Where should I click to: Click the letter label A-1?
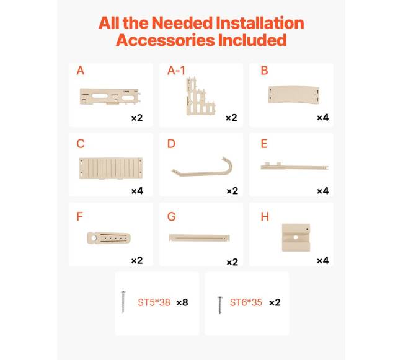point(176,71)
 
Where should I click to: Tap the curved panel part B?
point(294,95)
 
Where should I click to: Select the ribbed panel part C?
point(111,168)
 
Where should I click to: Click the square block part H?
point(296,237)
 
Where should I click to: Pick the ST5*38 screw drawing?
point(123,302)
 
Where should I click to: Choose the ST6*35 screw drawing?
point(220,305)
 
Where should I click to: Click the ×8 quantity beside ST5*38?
point(182,302)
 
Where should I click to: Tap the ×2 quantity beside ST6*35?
point(275,302)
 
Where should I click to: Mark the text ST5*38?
point(154,302)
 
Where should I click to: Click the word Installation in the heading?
point(260,23)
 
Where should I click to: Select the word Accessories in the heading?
point(166,40)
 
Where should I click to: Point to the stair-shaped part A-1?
point(200,96)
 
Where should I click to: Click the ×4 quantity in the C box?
point(137,191)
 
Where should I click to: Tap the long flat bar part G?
point(199,238)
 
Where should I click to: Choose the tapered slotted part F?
point(108,238)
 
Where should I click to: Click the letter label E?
point(264,144)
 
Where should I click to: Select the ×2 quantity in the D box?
point(232,191)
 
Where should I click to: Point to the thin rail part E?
point(294,167)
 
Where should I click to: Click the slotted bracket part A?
point(110,97)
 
